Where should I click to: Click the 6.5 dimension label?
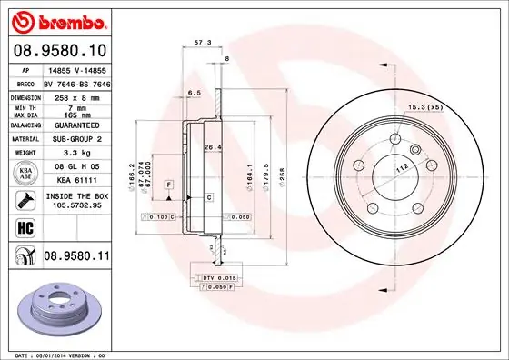coord(194,93)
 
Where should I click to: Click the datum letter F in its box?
coord(169,185)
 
